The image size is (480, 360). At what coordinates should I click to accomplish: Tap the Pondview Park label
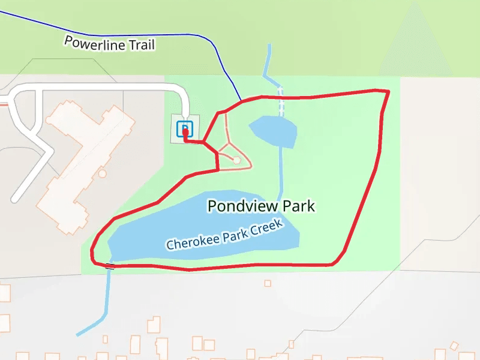pos(261,206)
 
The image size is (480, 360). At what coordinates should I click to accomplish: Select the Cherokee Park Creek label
pos(224,236)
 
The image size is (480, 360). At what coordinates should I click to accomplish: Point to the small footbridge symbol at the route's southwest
pos(110,265)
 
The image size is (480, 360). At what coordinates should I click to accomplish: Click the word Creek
pos(266,227)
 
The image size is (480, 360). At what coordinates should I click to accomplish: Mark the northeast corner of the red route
pos(387,92)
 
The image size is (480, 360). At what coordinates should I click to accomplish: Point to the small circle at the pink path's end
pos(236,160)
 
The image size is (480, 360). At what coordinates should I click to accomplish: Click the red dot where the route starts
pos(185,131)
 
